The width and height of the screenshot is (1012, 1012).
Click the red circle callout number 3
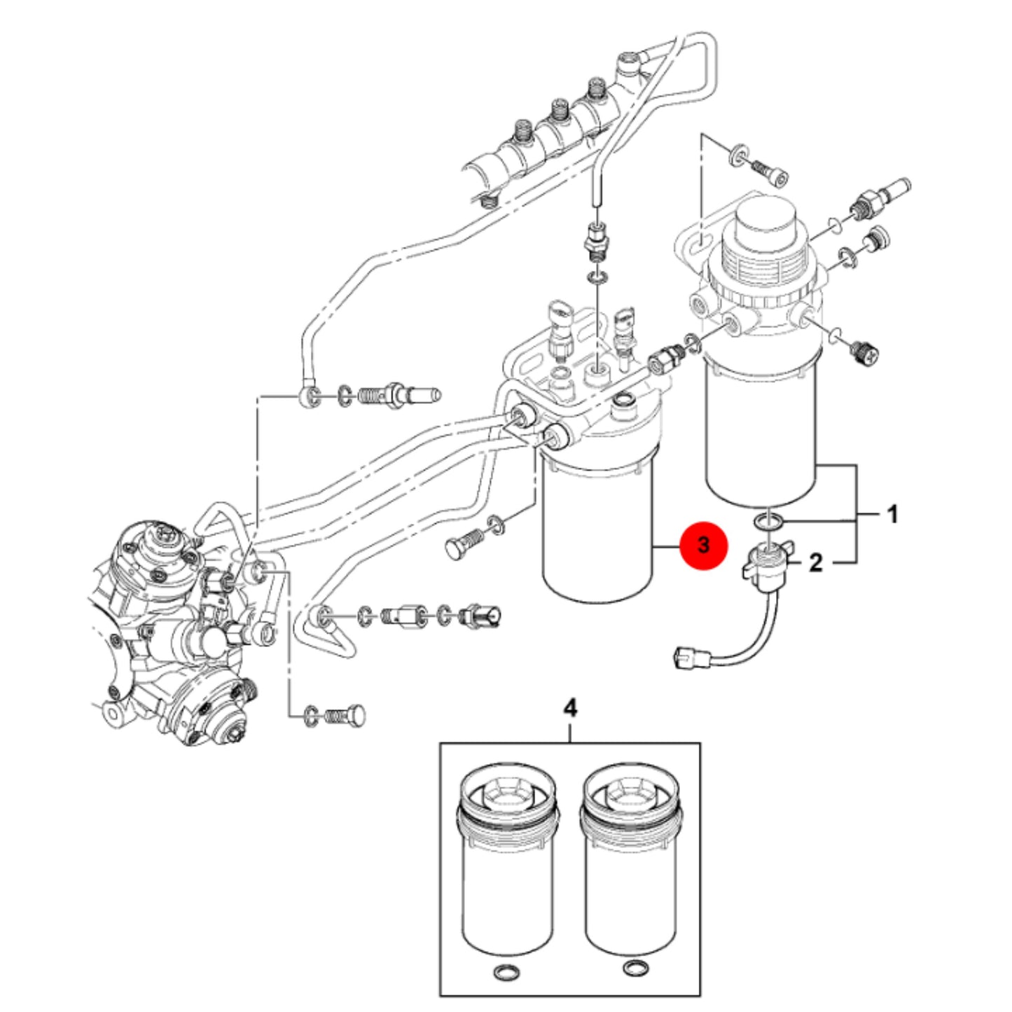pyautogui.click(x=703, y=545)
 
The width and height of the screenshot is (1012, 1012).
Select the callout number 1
pyautogui.click(x=892, y=515)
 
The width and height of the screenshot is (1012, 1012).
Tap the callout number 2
pyautogui.click(x=815, y=563)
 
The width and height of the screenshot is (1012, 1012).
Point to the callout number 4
pyautogui.click(x=570, y=709)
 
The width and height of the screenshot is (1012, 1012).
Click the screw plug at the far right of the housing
pyautogui.click(x=861, y=352)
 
